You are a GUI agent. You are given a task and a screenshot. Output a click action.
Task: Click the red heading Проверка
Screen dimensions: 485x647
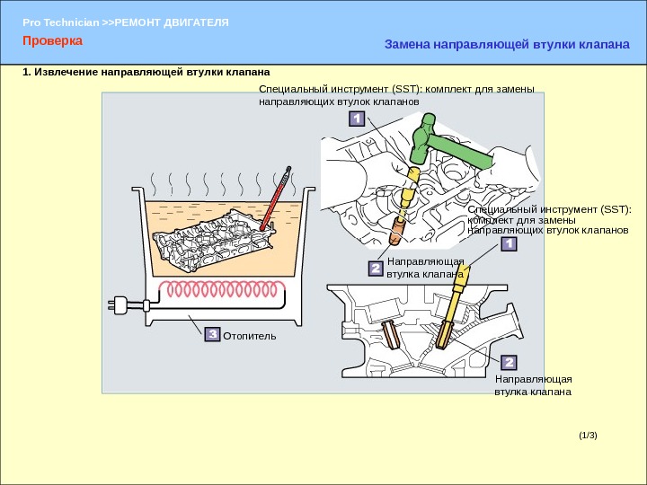52,41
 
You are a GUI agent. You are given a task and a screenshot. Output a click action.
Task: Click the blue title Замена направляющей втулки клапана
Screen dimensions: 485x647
507,43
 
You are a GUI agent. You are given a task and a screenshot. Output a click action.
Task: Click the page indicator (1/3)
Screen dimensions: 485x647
588,436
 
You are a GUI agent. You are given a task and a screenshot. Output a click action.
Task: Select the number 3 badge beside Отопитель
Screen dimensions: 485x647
212,334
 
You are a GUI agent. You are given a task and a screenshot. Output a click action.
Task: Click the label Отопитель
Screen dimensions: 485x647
250,335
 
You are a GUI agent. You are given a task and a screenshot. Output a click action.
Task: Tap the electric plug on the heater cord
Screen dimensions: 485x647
120,304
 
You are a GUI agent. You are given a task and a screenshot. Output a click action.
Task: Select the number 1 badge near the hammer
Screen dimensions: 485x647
356,119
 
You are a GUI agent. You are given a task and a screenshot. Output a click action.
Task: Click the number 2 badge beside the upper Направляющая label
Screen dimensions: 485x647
376,268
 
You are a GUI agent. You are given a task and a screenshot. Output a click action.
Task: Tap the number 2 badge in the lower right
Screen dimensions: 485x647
509,362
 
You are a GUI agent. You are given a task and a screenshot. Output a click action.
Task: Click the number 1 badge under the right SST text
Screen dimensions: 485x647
509,244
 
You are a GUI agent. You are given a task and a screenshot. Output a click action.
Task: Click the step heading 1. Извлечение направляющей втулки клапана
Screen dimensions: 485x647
146,71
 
